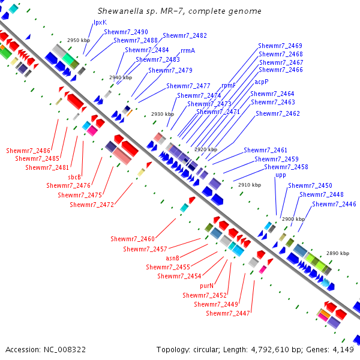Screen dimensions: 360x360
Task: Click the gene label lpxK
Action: [x=100, y=22]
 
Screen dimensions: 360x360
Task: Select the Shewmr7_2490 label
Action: [x=126, y=32]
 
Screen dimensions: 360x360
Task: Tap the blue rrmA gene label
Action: [x=188, y=51]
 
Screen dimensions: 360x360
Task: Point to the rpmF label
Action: [x=229, y=86]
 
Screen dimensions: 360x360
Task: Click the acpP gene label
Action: [x=262, y=82]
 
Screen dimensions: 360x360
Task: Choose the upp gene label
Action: [x=281, y=175]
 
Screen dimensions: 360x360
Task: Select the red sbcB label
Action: [x=74, y=177]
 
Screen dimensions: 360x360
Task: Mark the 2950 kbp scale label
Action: [x=78, y=40]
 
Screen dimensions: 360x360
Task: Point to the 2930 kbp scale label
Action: [x=163, y=114]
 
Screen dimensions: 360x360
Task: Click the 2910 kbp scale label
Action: [x=250, y=185]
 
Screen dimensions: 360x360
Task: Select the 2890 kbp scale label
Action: [x=338, y=253]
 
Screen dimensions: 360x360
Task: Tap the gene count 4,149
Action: [x=343, y=349]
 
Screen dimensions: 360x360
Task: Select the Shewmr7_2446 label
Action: [x=334, y=205]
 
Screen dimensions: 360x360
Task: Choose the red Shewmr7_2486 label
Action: [x=28, y=149]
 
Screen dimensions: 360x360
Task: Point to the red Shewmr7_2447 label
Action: [x=228, y=313]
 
